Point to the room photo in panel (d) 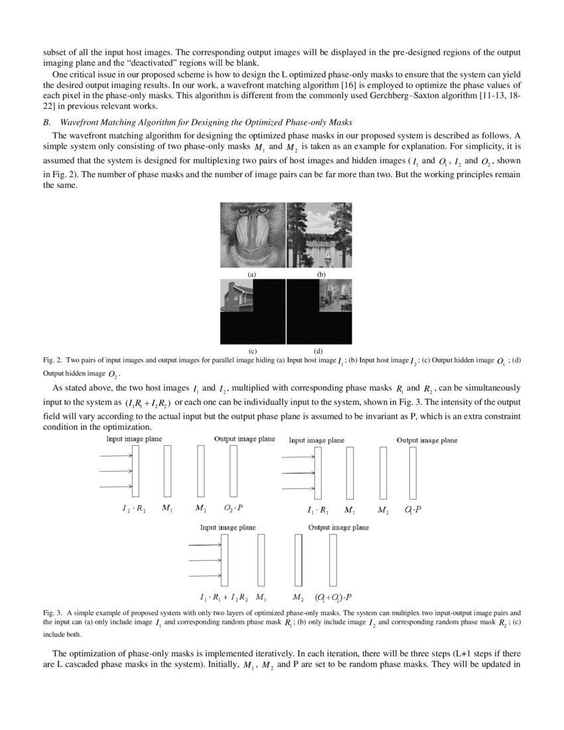[x=335, y=296]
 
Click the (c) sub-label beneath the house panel [x=252, y=350]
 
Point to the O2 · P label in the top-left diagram [x=233, y=508]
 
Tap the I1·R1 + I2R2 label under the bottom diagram [x=225, y=597]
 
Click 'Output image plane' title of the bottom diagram [x=338, y=528]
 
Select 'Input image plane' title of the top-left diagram [x=134, y=439]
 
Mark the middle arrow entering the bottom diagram [x=206, y=560]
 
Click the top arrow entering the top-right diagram [x=298, y=457]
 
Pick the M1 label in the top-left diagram [x=167, y=508]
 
